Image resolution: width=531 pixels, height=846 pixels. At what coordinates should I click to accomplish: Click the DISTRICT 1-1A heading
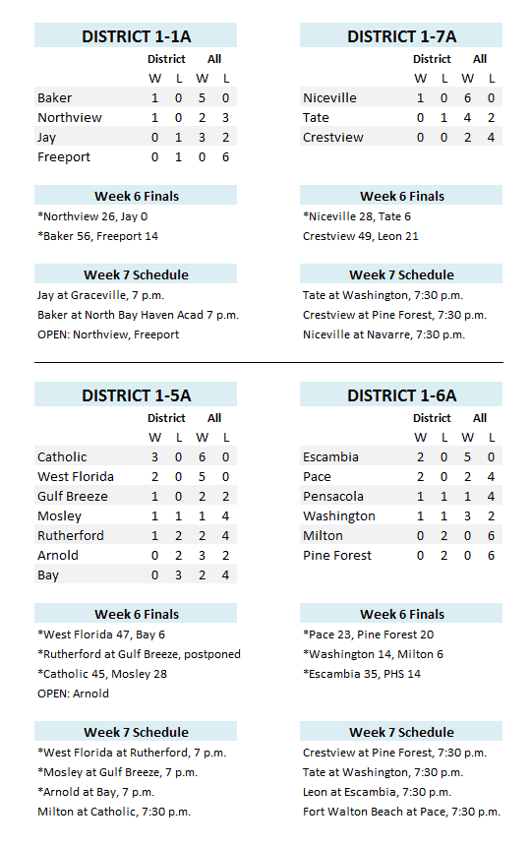[136, 36]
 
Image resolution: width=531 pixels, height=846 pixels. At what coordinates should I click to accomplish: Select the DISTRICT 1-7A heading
[401, 36]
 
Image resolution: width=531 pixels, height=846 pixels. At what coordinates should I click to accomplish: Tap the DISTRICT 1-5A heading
[136, 395]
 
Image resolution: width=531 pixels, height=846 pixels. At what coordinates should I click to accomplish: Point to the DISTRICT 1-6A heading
[401, 395]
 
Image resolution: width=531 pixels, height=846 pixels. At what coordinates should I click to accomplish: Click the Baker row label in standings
[55, 98]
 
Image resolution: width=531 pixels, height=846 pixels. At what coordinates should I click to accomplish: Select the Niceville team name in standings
[329, 98]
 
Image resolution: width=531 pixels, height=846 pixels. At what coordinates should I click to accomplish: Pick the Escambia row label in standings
[330, 457]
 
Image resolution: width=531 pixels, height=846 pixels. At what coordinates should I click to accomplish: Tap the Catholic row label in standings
[62, 457]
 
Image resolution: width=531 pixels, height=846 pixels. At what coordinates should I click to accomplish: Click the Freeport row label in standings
[64, 157]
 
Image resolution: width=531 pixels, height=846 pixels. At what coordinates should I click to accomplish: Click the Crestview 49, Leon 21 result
[361, 236]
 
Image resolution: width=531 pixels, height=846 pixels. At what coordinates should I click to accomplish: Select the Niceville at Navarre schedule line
[383, 334]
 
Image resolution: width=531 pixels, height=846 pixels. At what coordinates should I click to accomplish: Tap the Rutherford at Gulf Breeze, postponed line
[139, 654]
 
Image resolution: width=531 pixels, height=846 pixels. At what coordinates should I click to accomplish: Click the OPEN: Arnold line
[73, 694]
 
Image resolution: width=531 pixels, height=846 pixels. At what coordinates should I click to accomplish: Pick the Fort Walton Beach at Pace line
[401, 812]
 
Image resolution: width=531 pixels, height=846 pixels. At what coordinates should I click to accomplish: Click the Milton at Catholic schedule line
[113, 812]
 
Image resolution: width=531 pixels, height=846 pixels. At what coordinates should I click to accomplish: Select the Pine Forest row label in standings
[337, 556]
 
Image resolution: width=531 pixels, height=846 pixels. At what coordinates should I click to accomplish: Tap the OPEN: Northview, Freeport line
[108, 334]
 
